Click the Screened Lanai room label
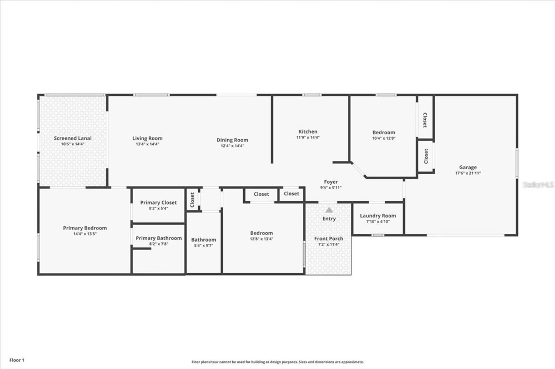pyautogui.click(x=72, y=138)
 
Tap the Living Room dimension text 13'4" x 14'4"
pyautogui.click(x=147, y=144)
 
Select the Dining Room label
pyautogui.click(x=232, y=140)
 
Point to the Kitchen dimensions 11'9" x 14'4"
pyautogui.click(x=308, y=137)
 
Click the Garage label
pyautogui.click(x=468, y=167)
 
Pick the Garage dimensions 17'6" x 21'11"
pyautogui.click(x=468, y=173)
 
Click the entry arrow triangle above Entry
pyautogui.click(x=329, y=210)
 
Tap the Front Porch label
pyautogui.click(x=329, y=239)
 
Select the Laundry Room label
pyautogui.click(x=378, y=216)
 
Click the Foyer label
pyautogui.click(x=331, y=182)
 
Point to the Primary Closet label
pyautogui.click(x=158, y=203)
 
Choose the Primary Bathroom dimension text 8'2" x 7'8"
pyautogui.click(x=158, y=244)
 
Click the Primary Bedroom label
pyautogui.click(x=85, y=228)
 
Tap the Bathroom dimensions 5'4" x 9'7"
pyautogui.click(x=203, y=246)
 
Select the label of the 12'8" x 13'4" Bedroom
pyautogui.click(x=261, y=233)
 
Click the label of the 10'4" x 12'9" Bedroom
pyautogui.click(x=384, y=132)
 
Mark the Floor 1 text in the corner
pyautogui.click(x=17, y=360)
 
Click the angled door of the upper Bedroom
pyautogui.click(x=359, y=170)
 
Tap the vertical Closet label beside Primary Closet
pyautogui.click(x=192, y=200)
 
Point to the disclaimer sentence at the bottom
pyautogui.click(x=277, y=362)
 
